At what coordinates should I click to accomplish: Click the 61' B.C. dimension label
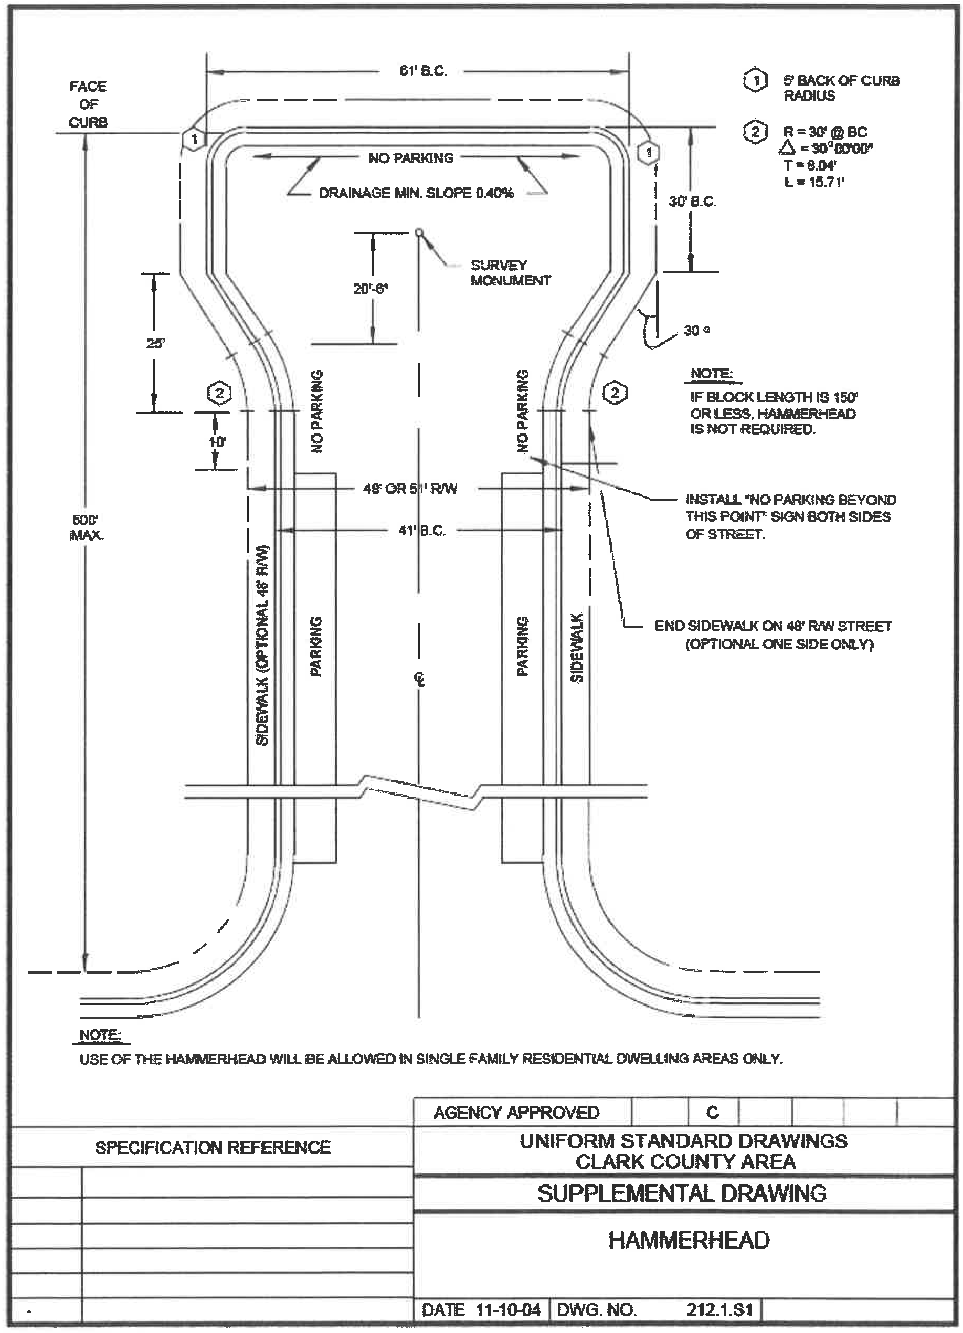coord(424,71)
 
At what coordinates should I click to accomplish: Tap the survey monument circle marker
coord(419,231)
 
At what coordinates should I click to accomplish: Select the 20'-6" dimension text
coord(371,289)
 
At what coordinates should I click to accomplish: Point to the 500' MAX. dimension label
coord(87,526)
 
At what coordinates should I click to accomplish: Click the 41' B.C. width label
coord(422,530)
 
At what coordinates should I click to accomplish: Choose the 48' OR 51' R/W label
coord(410,489)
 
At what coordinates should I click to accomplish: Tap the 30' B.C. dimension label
coord(693,202)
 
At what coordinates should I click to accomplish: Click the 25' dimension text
coord(155,343)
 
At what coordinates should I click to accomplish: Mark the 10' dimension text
coord(217,441)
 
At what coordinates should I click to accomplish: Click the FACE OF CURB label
coord(88,104)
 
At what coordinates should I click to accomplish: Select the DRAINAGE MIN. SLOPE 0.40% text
coord(416,193)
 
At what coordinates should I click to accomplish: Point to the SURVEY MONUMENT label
coord(510,273)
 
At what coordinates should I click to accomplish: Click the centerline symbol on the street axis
coord(419,680)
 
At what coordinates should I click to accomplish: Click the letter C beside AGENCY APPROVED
coord(712,1112)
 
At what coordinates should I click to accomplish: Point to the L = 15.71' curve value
coord(814,182)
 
